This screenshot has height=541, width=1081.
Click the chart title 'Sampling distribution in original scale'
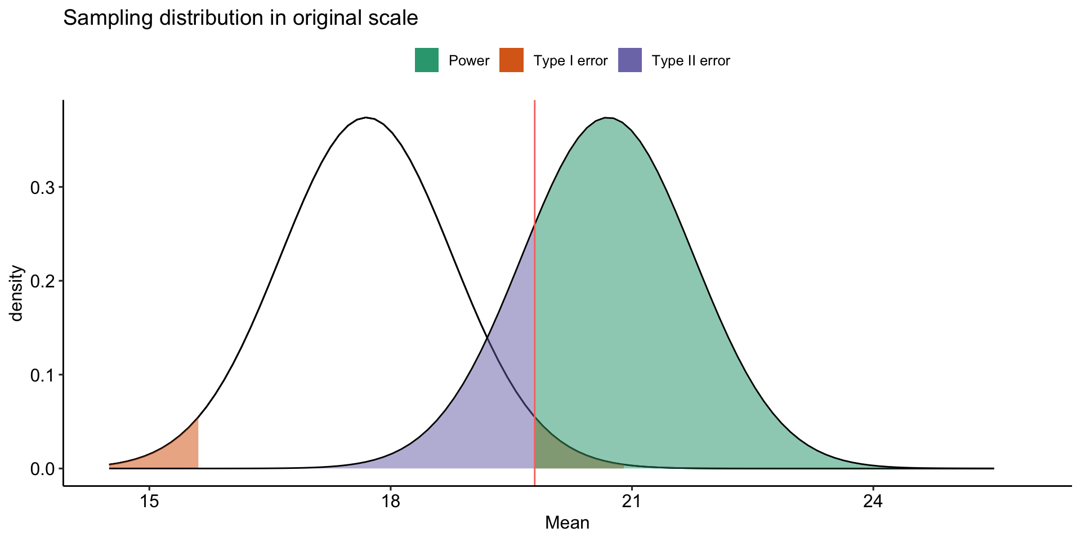coord(240,19)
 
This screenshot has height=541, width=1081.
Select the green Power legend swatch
coord(427,60)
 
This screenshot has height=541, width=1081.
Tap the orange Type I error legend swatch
coord(511,60)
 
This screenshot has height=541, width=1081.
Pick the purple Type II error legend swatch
coord(629,60)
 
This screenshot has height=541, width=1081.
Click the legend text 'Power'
coord(469,61)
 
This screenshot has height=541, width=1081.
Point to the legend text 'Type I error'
coord(570,61)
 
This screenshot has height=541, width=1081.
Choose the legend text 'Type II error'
coord(691,61)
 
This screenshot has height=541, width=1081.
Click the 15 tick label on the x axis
coord(149,501)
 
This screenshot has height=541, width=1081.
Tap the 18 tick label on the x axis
coord(390,501)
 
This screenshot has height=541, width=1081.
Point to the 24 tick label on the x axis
coord(873,501)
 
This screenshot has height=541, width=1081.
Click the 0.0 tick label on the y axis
coord(43,469)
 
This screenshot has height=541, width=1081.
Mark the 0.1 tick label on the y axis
coord(43,375)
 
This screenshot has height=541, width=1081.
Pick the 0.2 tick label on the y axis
coord(43,281)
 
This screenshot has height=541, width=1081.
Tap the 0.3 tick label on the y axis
coord(43,188)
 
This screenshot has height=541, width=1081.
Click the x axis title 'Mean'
coord(567,524)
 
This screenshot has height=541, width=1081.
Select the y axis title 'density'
coord(17,293)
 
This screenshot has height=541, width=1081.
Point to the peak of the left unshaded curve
coord(366,118)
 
